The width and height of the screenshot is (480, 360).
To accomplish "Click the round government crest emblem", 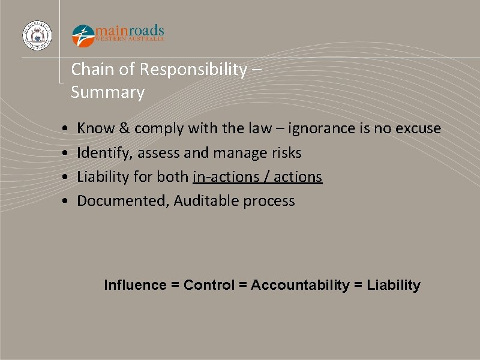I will pos(37,35).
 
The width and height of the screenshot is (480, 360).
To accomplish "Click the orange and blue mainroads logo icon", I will pos(83,35).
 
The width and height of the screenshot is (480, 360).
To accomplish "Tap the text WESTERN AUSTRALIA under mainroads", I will pos(130,39).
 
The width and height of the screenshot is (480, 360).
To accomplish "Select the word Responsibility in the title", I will pos(193,70).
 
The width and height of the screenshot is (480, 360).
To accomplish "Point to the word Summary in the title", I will pos(107,92).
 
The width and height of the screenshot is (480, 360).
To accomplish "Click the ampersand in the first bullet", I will pos(124,128).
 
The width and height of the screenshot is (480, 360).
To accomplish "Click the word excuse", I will pos(418,128).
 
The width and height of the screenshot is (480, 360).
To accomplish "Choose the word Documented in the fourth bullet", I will pos(122,201).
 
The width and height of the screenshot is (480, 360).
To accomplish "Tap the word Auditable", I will pos(206,201).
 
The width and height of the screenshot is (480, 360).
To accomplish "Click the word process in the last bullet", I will pos(269,201).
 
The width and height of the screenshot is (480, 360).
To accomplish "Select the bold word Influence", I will pos(135,285).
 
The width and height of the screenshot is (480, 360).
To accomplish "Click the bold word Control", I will pos(209,285).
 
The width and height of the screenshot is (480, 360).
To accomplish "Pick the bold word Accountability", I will pos(299,285).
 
